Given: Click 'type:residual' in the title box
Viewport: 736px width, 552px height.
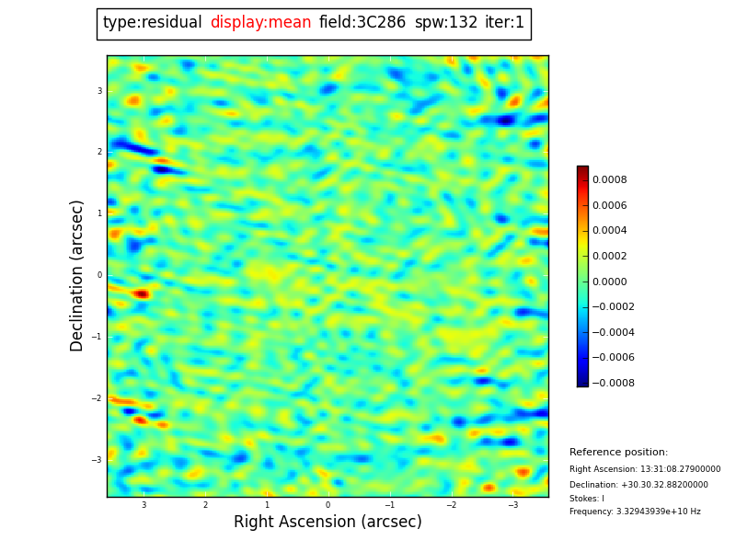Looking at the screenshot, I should pos(152,23).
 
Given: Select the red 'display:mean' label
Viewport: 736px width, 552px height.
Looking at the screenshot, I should pos(260,23).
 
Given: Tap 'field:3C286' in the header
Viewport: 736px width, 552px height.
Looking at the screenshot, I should pos(362,23).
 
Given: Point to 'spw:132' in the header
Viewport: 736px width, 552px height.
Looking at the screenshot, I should pos(446,23).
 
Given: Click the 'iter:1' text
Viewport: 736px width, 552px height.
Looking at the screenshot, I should pos(505,23).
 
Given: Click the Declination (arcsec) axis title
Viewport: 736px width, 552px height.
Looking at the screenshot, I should pos(77,275).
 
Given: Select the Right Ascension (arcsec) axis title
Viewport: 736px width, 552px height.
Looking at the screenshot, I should pos(328,523).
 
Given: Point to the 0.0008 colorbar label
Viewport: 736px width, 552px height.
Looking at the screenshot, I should pos(610,180).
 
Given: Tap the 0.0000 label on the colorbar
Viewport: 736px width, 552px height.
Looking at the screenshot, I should pos(610,282).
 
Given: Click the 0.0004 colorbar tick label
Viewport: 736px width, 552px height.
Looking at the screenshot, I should pos(610,231).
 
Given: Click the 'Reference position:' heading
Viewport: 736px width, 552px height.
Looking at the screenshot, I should pos(618,453).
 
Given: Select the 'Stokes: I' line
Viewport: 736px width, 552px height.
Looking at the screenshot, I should pos(587,499).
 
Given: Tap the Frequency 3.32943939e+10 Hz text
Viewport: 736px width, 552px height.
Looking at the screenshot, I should pos(635,512).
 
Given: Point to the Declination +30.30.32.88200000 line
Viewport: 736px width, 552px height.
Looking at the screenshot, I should pos(638,485).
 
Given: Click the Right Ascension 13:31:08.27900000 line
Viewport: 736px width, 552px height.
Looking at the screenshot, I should pos(645,469).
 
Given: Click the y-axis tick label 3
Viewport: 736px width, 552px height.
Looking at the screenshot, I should pos(99,91).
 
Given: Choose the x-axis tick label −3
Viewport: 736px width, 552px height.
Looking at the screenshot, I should pos(512,505).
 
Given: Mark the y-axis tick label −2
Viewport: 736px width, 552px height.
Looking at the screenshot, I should pos(98,398).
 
